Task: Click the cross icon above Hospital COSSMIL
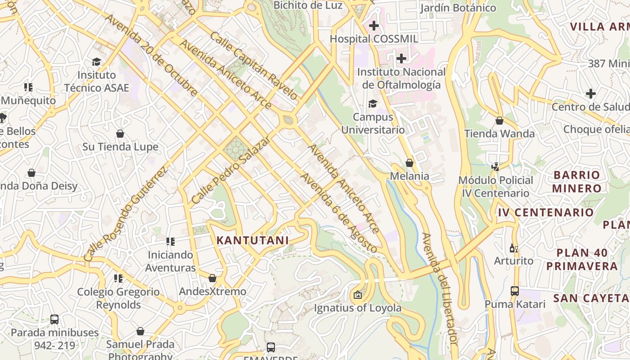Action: coord(373,26)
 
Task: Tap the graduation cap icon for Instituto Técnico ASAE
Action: coord(96,62)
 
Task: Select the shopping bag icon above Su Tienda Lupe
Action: coord(120,134)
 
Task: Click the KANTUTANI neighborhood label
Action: coord(252,240)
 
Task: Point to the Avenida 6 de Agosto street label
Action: coord(339,213)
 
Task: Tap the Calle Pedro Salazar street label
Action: coord(230,170)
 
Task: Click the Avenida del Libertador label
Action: coord(440,289)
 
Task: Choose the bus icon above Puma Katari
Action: coord(515,291)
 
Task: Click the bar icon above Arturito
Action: coord(513,248)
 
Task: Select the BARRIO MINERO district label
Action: coord(576,181)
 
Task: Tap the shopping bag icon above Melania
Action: coord(409,163)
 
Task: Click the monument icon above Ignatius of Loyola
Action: coord(357,295)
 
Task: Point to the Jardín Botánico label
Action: coord(458,8)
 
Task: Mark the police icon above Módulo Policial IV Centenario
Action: coord(495,167)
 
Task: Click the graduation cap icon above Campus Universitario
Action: coord(373,104)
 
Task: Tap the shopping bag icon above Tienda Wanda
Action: coord(499,121)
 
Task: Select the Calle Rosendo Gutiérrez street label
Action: coord(126,214)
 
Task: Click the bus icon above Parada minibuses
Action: coord(54,319)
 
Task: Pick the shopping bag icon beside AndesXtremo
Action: coord(212,278)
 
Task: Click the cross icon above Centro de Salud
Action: coord(590,94)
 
